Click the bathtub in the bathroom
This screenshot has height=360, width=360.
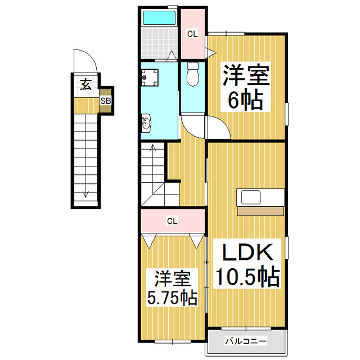[x=159, y=18]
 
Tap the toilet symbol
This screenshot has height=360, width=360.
[x=192, y=74]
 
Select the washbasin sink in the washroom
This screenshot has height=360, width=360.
[x=147, y=122]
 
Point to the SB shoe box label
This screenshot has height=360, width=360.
[x=105, y=101]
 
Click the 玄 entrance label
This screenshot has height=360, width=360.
[x=85, y=85]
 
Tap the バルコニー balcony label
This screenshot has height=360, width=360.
[x=246, y=341]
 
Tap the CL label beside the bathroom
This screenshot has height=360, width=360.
[x=192, y=34]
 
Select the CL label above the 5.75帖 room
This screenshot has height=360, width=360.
[x=172, y=220]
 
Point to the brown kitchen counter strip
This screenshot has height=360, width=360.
[x=260, y=211]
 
